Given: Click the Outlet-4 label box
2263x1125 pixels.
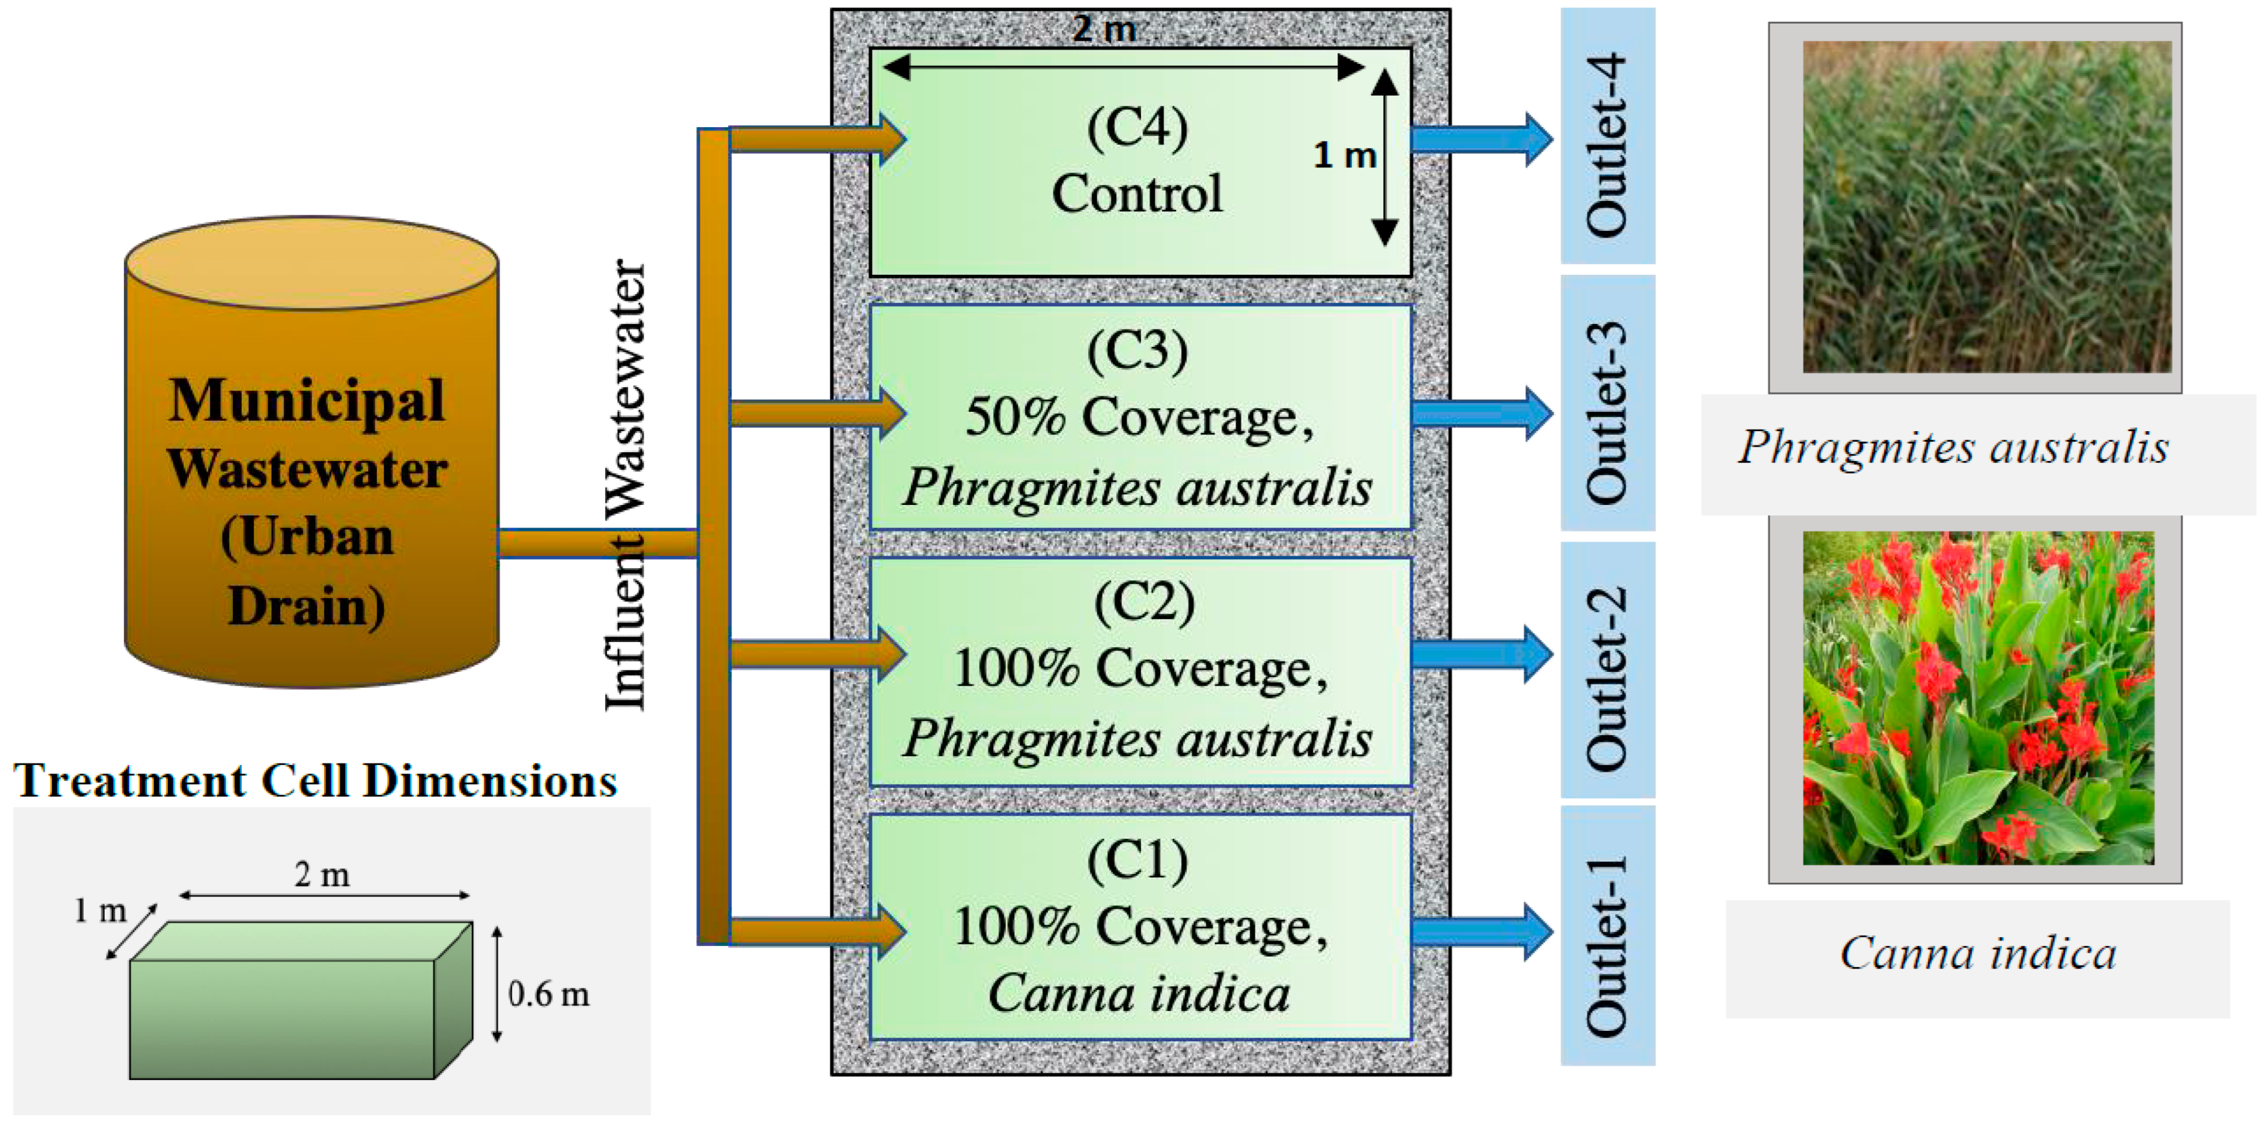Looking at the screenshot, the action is pos(1608,136).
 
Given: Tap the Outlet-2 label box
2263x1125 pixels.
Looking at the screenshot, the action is pos(1608,670).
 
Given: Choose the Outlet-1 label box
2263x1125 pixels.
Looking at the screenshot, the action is pos(1608,936).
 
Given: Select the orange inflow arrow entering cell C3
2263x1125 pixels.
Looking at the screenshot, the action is pos(818,413).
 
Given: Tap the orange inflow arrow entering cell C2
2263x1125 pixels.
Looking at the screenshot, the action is pos(818,654).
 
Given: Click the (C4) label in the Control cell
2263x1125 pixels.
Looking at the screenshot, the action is pos(1138,128).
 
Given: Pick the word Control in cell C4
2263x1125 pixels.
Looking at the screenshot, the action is pos(1138,193).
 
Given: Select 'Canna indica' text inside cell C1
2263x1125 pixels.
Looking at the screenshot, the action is pos(1139,993).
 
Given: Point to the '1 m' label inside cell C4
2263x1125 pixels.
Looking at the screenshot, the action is pos(1344,156).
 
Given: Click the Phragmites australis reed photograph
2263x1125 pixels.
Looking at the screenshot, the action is pos(1987,208).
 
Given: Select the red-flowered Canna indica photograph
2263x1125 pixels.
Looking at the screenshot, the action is pos(1978,698).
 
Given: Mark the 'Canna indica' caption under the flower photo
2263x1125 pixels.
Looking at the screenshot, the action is pos(1978,954).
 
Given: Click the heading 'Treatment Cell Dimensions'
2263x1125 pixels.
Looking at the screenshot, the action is pos(315,780).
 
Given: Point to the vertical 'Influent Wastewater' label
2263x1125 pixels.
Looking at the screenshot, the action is pos(625,485).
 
